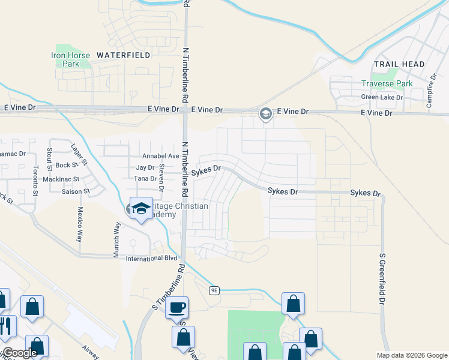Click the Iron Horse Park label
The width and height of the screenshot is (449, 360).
coord(71,59)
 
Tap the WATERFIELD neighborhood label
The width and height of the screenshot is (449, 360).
coord(123,55)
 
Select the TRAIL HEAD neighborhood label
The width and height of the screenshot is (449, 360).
coord(399,64)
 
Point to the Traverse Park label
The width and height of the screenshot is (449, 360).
coord(387,84)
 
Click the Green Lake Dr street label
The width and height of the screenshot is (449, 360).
coord(382,97)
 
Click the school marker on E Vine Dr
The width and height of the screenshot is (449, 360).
coord(265,113)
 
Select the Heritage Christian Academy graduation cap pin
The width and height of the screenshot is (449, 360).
coord(141,209)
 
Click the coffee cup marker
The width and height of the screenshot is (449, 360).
coord(176,308)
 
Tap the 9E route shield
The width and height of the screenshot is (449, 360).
coord(215,290)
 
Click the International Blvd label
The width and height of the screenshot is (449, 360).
coord(152,258)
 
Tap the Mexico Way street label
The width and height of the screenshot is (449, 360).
coord(79,224)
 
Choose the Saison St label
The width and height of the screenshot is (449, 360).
coord(76,192)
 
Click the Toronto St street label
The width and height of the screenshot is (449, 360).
coord(35,181)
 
